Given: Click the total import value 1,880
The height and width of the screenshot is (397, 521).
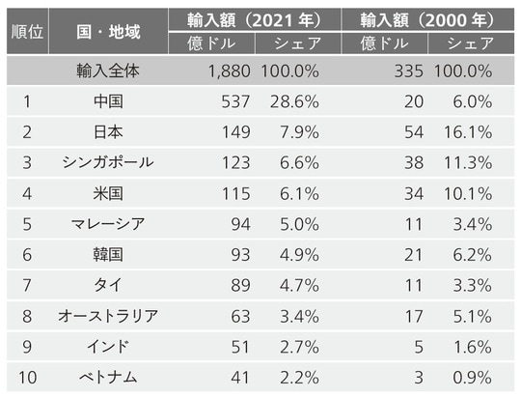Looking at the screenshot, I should (229, 71).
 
